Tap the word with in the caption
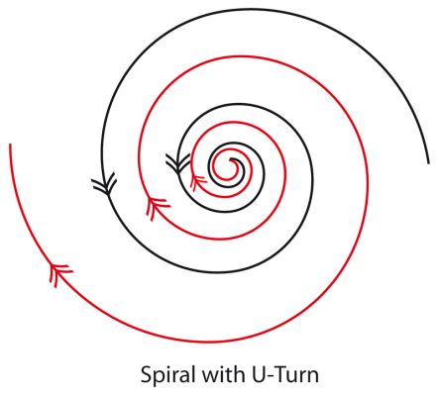[x=223, y=374]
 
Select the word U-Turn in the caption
[x=285, y=375]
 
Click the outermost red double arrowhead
[x=60, y=274]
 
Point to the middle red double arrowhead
[x=157, y=208]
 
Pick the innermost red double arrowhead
[x=197, y=182]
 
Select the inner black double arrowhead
[x=177, y=163]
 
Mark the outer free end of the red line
[x=10, y=145]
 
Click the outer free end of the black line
[x=428, y=163]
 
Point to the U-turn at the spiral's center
[x=233, y=159]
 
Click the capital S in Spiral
[x=147, y=375]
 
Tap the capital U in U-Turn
[x=259, y=375]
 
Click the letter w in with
[x=210, y=377]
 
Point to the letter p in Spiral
[x=161, y=379]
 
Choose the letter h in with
[x=240, y=374]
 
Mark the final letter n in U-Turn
[x=313, y=377]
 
